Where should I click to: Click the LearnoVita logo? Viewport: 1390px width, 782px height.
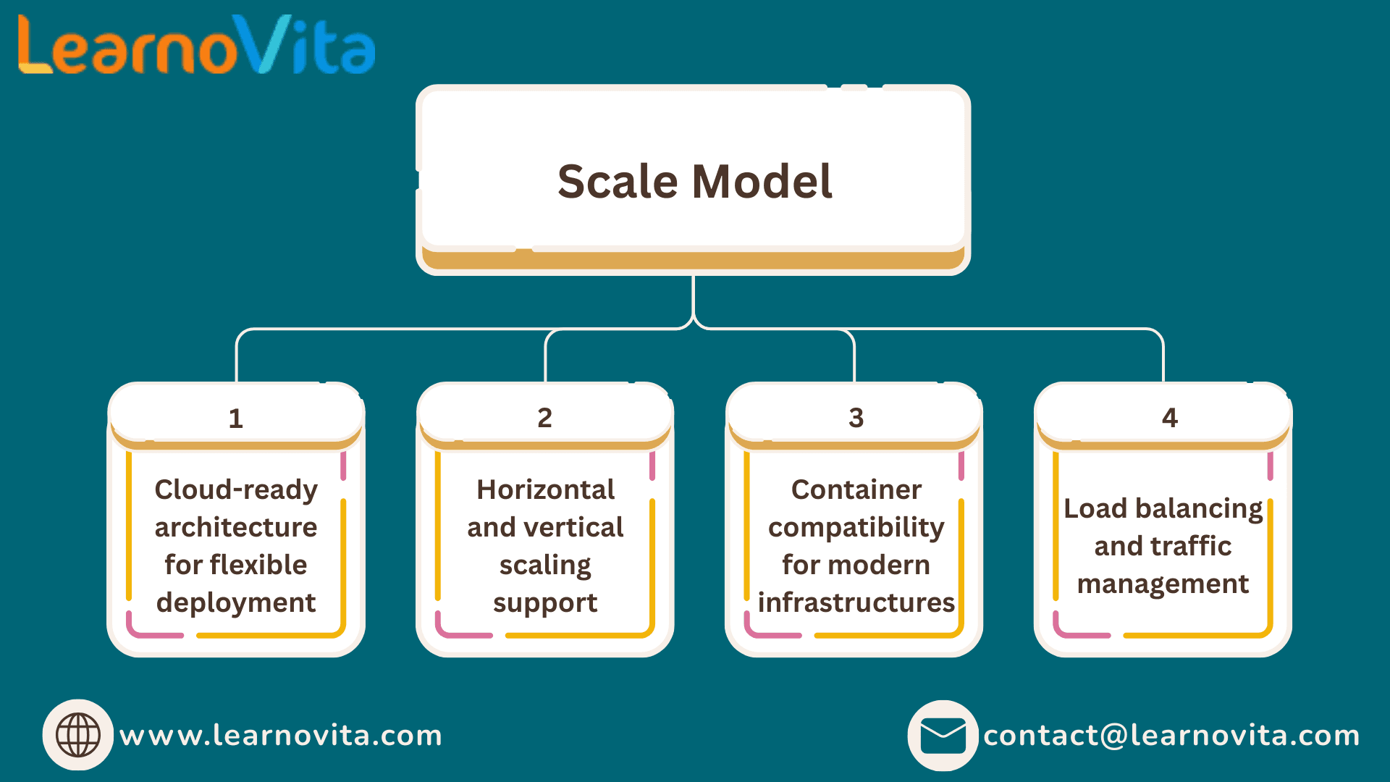pyautogui.click(x=196, y=45)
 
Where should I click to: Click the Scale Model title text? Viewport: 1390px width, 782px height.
pyautogui.click(x=695, y=181)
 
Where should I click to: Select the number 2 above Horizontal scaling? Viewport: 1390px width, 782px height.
pyautogui.click(x=545, y=418)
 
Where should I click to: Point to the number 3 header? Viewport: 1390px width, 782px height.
pyautogui.click(x=856, y=418)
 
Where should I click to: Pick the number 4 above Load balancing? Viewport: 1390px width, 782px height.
pyautogui.click(x=1170, y=418)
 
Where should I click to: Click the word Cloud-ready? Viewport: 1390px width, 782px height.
pyautogui.click(x=236, y=490)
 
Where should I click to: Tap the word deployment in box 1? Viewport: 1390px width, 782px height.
pyautogui.click(x=236, y=603)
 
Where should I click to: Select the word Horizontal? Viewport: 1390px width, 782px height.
pyautogui.click(x=546, y=490)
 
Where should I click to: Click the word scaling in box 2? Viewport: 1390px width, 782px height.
pyautogui.click(x=545, y=566)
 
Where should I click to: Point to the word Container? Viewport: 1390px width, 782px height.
pyautogui.click(x=856, y=490)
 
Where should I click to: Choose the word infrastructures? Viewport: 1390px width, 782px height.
pyautogui.click(x=856, y=602)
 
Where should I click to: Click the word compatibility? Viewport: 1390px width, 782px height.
pyautogui.click(x=856, y=528)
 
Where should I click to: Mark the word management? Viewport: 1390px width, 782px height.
pyautogui.click(x=1163, y=584)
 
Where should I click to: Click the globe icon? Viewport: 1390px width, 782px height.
pyautogui.click(x=78, y=735)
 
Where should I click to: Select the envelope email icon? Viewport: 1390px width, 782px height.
pyautogui.click(x=943, y=736)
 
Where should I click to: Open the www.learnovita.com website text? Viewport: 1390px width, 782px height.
pyautogui.click(x=281, y=736)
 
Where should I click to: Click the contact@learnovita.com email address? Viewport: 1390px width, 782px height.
pyautogui.click(x=1171, y=736)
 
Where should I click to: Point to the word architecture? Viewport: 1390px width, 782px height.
pyautogui.click(x=236, y=528)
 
